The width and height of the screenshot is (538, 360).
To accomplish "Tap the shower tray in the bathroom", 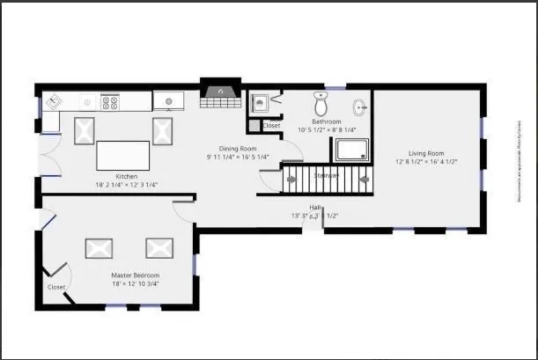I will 354,150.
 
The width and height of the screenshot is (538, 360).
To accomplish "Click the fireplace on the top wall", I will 217,92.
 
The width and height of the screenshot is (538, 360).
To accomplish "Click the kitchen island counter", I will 122,155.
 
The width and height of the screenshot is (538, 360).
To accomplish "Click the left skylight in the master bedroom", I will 99,248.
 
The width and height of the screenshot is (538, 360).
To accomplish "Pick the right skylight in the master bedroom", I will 160,248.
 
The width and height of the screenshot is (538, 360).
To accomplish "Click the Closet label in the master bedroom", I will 56,287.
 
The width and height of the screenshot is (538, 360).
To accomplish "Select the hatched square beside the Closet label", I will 254,126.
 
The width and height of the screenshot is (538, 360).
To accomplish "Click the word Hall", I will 314,207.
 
